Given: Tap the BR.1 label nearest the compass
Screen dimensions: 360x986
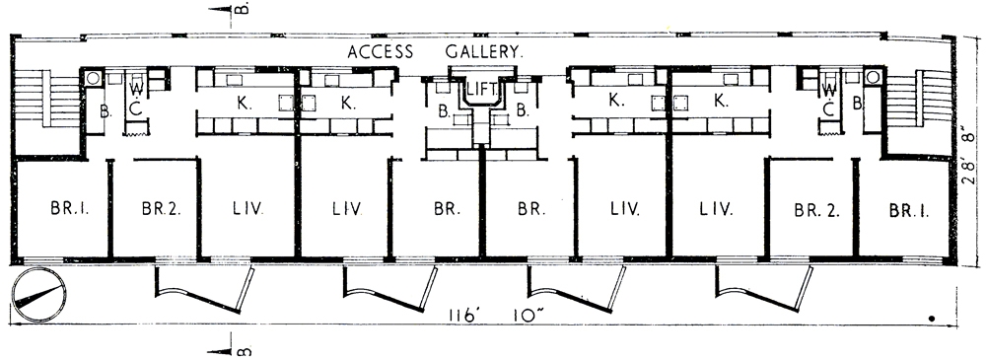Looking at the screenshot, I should [x=60, y=209].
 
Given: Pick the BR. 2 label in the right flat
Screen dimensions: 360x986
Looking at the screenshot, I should [x=813, y=209].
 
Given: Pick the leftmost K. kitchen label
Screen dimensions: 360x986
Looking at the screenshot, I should [x=242, y=101].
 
